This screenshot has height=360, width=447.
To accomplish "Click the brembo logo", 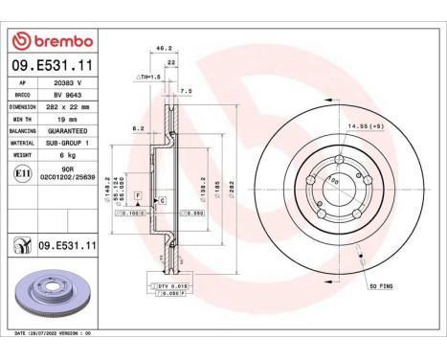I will click(x=52, y=40).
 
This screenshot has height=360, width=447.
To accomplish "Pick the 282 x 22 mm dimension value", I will click(x=70, y=107).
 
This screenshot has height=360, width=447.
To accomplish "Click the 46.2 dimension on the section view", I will click(x=164, y=48).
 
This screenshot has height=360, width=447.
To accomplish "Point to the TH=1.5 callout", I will click(x=149, y=75).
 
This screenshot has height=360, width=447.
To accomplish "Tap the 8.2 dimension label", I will click(x=138, y=126).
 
